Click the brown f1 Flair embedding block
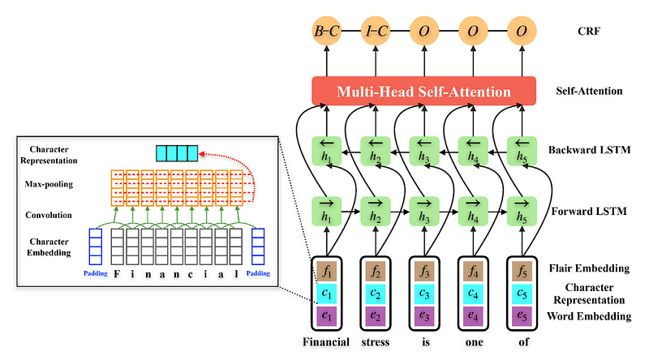[x=326, y=269]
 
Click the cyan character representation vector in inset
[x=176, y=153]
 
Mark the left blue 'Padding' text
[x=96, y=272]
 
